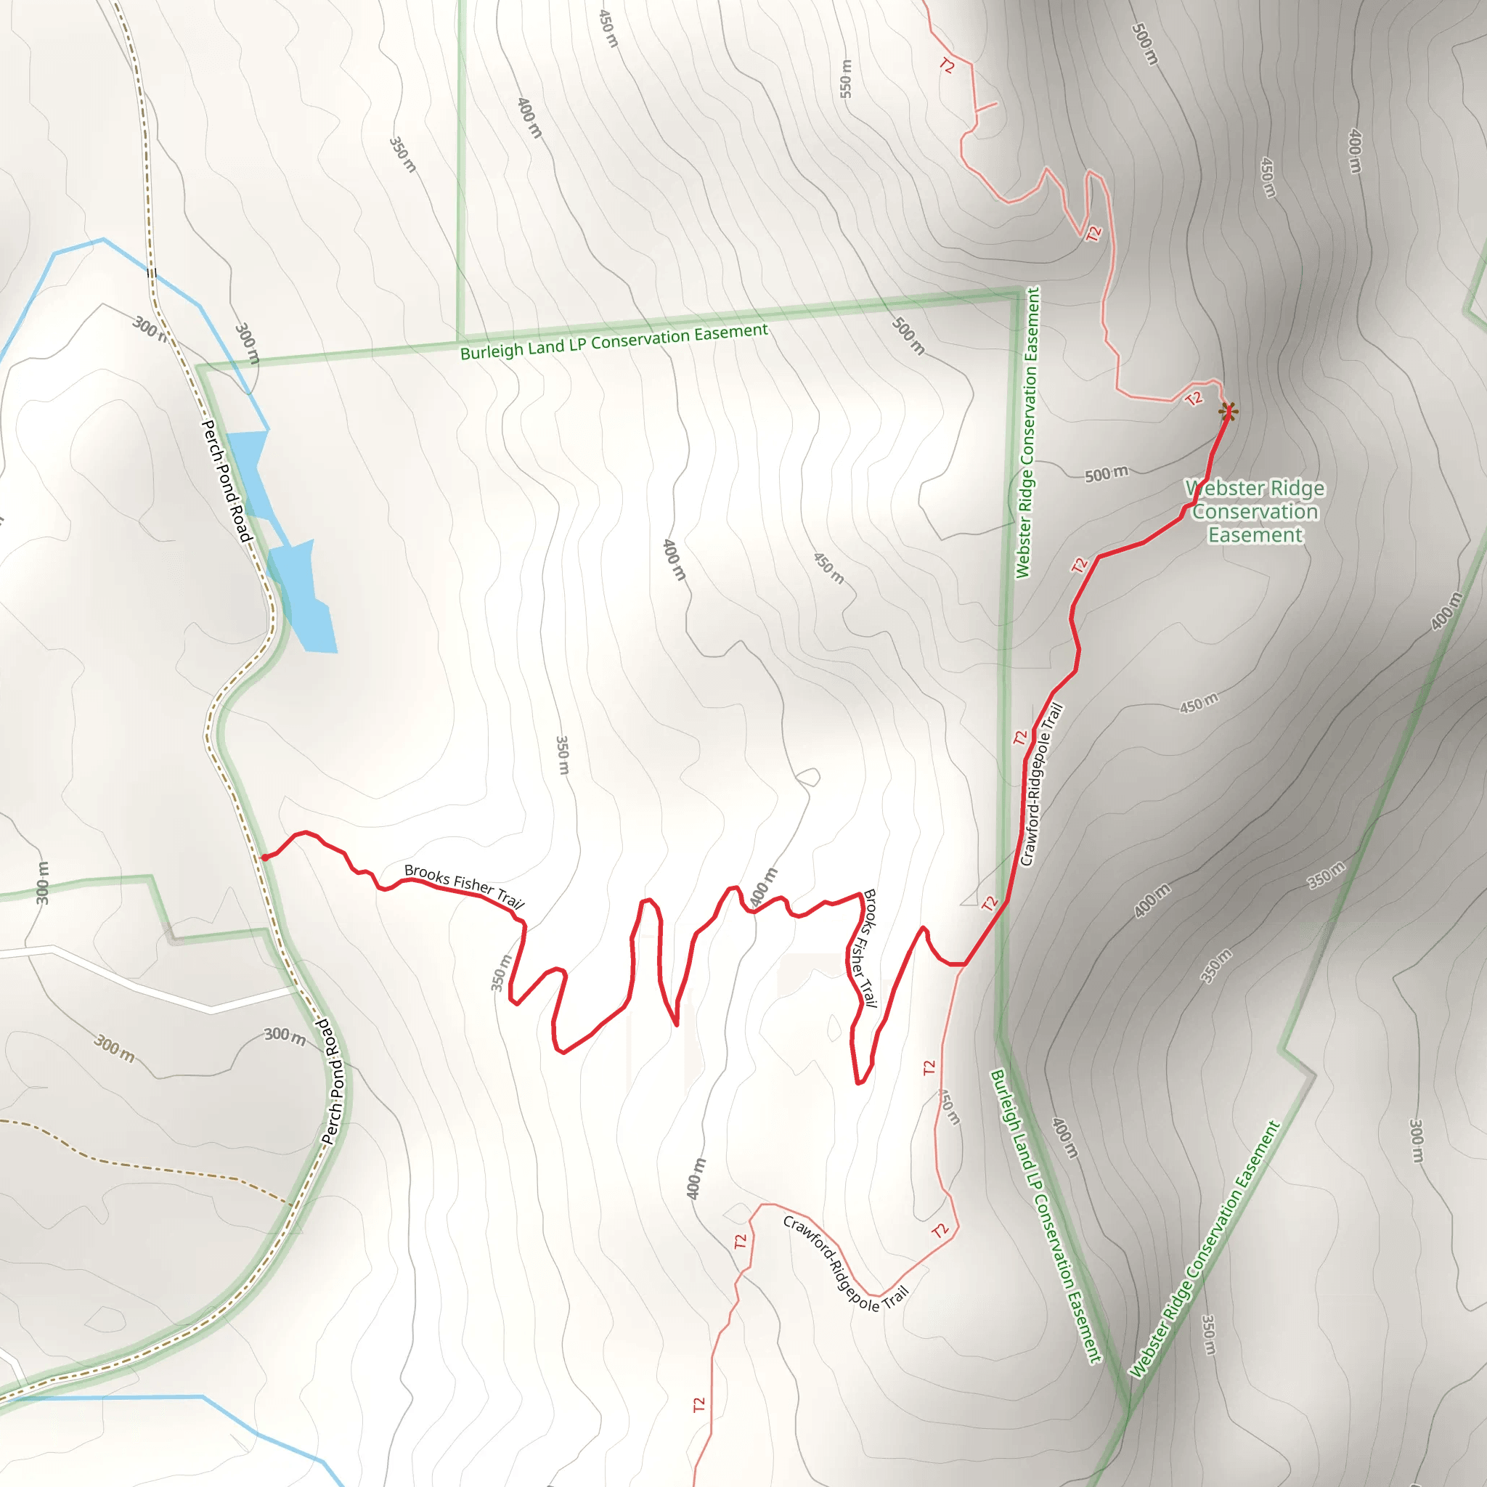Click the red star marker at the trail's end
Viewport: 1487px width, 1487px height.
pyautogui.click(x=1229, y=412)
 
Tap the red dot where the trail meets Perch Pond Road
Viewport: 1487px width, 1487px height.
pyautogui.click(x=265, y=857)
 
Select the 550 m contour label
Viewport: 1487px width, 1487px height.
pyautogui.click(x=846, y=78)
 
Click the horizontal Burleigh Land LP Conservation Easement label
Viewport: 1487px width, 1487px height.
pyautogui.click(x=614, y=342)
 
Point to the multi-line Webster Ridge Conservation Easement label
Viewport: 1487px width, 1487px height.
pyautogui.click(x=1255, y=512)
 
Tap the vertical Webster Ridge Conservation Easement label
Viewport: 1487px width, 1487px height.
pyautogui.click(x=1027, y=433)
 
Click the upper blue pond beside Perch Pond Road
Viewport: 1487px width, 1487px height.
pyautogui.click(x=250, y=473)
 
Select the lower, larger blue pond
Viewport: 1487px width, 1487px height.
pyautogui.click(x=304, y=597)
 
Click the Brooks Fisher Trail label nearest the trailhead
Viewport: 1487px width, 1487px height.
pyautogui.click(x=463, y=885)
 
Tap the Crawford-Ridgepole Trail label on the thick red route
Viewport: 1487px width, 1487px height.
pyautogui.click(x=1040, y=785)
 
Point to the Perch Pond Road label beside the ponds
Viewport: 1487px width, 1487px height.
pyautogui.click(x=227, y=481)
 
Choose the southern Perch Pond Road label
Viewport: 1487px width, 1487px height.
pyautogui.click(x=333, y=1081)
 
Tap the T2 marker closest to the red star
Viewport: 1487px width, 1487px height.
pyautogui.click(x=1194, y=399)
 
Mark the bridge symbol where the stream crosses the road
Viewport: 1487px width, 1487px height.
pyautogui.click(x=152, y=272)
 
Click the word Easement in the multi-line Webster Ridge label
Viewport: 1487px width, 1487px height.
pyautogui.click(x=1255, y=536)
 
